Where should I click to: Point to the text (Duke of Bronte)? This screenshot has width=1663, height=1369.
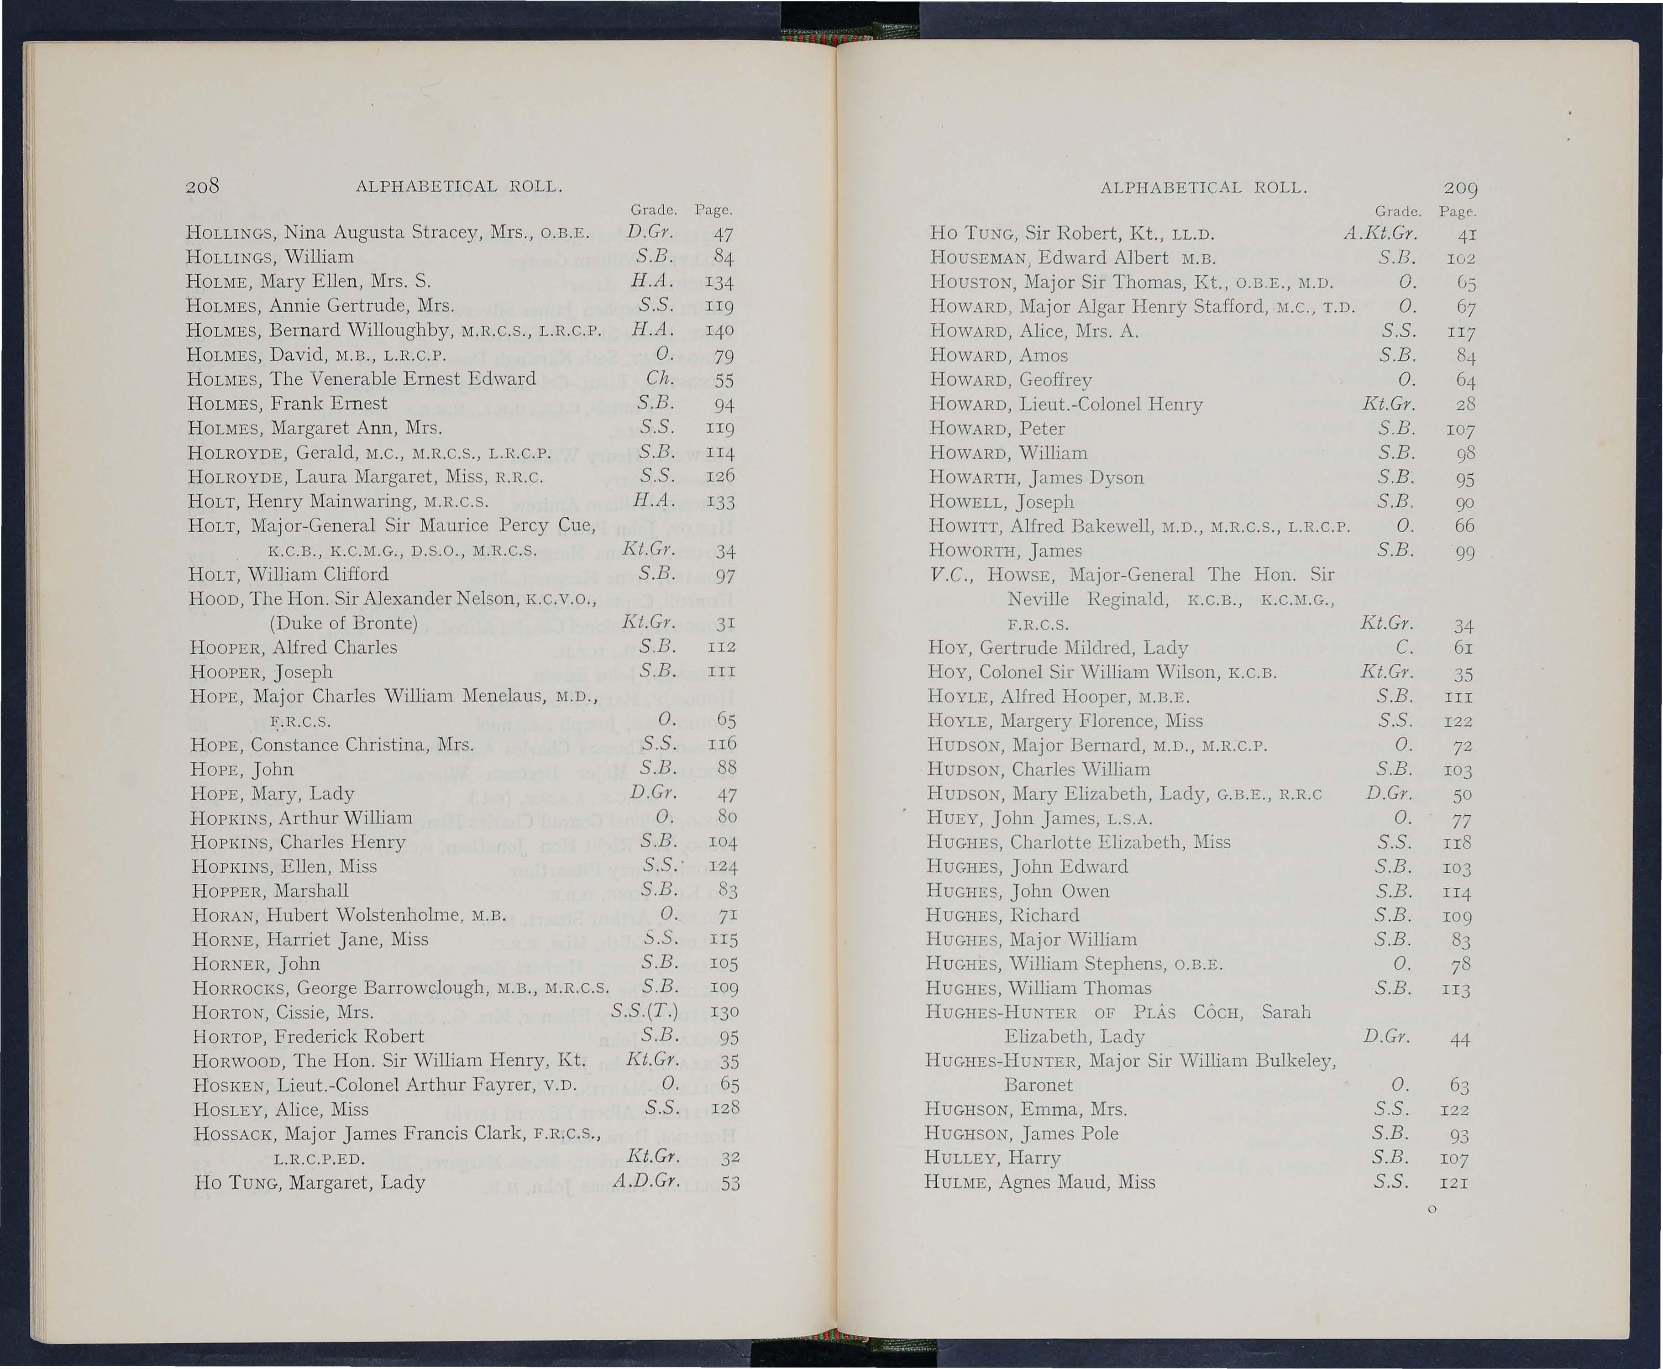tap(343, 624)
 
